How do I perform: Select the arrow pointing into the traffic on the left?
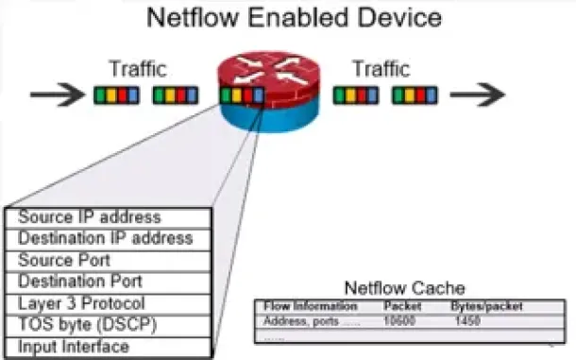(55, 95)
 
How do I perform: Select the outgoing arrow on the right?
(476, 95)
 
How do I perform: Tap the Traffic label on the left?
(138, 69)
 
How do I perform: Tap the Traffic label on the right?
(381, 69)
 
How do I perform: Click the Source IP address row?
(90, 218)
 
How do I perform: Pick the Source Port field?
(64, 260)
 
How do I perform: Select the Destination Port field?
(80, 282)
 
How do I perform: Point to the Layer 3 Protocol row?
(81, 303)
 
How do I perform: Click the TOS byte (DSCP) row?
(87, 324)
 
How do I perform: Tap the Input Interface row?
(74, 346)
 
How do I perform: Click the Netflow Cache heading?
(404, 288)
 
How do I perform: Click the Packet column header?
(401, 306)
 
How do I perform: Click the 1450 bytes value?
(467, 321)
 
